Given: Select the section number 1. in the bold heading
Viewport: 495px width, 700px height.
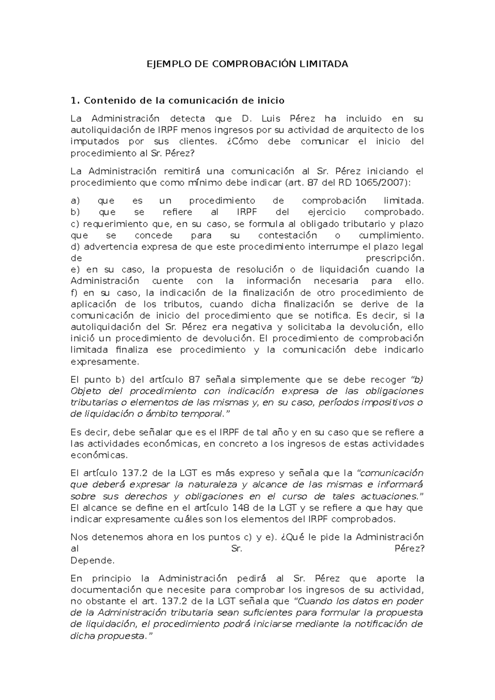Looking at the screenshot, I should click(x=75, y=101).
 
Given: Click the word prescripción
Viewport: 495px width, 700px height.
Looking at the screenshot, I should click(x=395, y=258).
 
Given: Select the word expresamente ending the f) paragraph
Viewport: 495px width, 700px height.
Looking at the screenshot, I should click(x=105, y=362).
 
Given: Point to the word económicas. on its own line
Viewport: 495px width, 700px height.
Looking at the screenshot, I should click(x=99, y=456).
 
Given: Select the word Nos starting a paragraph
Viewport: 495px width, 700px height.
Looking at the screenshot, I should click(x=79, y=537).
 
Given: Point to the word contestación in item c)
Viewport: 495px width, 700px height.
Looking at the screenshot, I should click(x=288, y=236).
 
